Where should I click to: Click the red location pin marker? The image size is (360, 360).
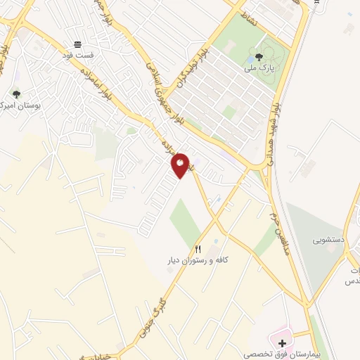click(x=181, y=165)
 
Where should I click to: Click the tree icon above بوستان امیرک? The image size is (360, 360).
click(x=16, y=93)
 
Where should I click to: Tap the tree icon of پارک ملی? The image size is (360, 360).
click(x=259, y=58)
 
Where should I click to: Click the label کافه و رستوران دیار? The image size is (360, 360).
click(x=197, y=260)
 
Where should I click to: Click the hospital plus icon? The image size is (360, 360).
click(x=283, y=344)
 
